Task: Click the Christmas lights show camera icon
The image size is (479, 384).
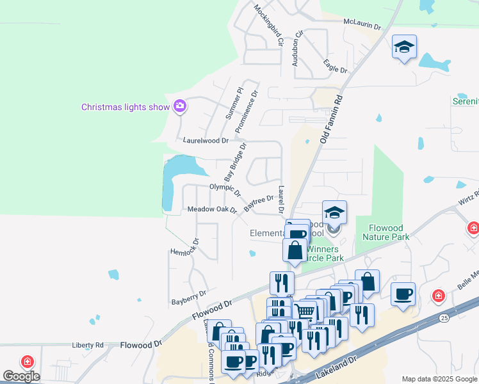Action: (180, 106)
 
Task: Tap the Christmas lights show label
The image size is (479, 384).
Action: (125, 107)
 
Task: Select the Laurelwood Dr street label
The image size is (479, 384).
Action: (206, 140)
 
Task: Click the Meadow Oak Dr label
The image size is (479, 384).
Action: (212, 209)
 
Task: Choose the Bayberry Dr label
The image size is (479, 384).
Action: (189, 297)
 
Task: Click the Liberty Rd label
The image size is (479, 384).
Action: (88, 345)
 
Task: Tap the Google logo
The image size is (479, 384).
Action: (21, 376)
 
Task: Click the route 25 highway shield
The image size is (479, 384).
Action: (444, 317)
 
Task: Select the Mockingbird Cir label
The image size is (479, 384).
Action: (268, 26)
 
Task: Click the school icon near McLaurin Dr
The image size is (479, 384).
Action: (404, 47)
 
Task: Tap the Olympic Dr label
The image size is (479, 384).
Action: (225, 189)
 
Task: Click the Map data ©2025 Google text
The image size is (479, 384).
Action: (439, 378)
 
